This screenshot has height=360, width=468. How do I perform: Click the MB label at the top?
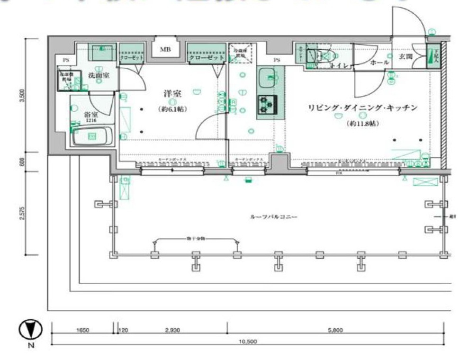click(x=165, y=49)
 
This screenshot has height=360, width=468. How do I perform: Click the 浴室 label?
click(x=91, y=114)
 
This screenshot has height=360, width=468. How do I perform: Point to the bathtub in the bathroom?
click(x=92, y=136)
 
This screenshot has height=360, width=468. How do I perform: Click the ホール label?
click(x=379, y=63)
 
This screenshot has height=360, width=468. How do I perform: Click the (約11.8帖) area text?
click(x=361, y=123)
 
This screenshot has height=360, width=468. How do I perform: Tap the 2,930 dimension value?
click(x=172, y=330)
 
